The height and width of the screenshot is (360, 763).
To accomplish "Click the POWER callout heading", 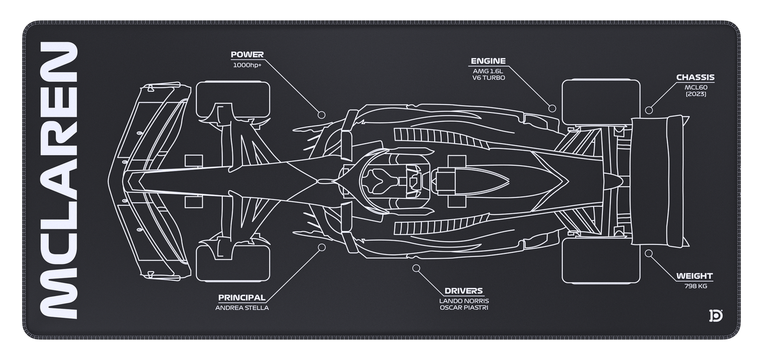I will pyautogui.click(x=247, y=54).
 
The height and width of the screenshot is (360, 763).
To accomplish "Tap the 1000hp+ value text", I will pyautogui.click(x=247, y=65).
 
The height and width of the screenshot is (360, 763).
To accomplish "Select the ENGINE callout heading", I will pyautogui.click(x=488, y=61).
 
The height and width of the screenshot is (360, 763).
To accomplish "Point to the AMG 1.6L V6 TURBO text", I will pyautogui.click(x=488, y=74).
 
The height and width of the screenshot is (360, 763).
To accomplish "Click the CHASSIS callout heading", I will pyautogui.click(x=695, y=78).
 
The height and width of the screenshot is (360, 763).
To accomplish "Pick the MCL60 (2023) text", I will pyautogui.click(x=695, y=90).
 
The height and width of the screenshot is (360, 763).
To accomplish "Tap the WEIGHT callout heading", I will pyautogui.click(x=695, y=276).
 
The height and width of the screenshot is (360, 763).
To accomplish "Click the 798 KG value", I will pyautogui.click(x=695, y=286).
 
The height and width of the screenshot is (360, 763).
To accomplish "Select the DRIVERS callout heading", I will pyautogui.click(x=464, y=290).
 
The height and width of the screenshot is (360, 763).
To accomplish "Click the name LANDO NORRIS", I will pyautogui.click(x=464, y=301).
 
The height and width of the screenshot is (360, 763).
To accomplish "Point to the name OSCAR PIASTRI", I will pyautogui.click(x=464, y=308).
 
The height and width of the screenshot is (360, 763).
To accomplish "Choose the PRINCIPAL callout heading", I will pyautogui.click(x=242, y=298).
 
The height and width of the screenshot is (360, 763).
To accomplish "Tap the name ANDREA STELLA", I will pyautogui.click(x=242, y=308).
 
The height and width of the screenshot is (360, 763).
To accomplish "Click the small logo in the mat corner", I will pyautogui.click(x=715, y=315).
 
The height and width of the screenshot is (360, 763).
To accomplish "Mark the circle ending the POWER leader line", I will pyautogui.click(x=321, y=115).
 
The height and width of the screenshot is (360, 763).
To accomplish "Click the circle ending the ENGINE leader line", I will pyautogui.click(x=552, y=108).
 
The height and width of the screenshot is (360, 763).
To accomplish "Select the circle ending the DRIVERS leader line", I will pyautogui.click(x=416, y=268).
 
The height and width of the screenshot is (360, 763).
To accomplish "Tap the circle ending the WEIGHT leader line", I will pyautogui.click(x=649, y=253).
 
